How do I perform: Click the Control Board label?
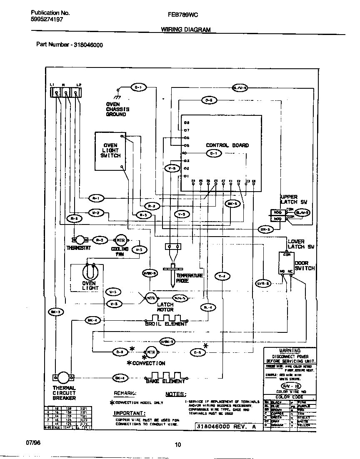click(x=227, y=145)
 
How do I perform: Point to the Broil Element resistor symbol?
click(x=166, y=319)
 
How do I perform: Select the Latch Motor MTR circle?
click(x=150, y=298)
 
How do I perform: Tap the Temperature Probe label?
click(x=189, y=278)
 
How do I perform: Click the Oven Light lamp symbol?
click(x=89, y=272)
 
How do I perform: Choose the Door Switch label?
click(x=305, y=266)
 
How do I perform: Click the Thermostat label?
click(x=79, y=248)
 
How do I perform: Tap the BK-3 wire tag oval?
click(x=56, y=312)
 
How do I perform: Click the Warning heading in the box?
click(x=290, y=351)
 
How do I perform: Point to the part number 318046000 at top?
click(x=88, y=45)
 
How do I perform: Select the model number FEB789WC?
click(x=182, y=14)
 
